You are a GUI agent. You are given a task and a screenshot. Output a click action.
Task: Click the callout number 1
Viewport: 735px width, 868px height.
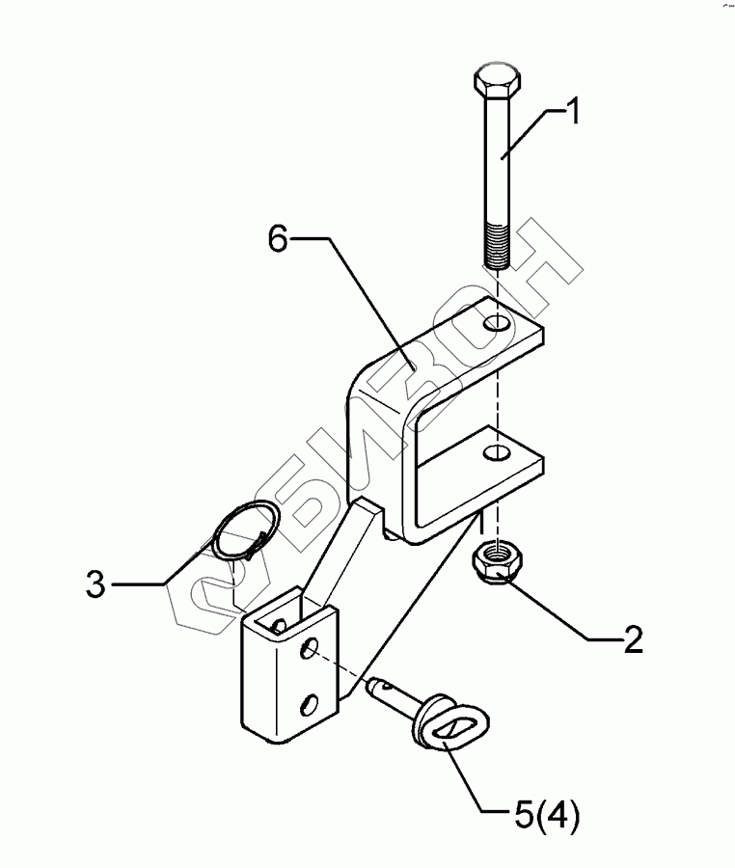coord(571,113)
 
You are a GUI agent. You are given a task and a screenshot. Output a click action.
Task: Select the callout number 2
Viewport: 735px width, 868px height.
coord(632,639)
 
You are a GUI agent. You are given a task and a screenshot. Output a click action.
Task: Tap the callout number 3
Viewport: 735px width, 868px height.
coord(95,584)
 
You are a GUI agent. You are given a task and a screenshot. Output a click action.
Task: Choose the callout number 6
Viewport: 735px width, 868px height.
coord(278,238)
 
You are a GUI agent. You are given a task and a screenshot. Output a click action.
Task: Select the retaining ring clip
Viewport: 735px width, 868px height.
coord(243,532)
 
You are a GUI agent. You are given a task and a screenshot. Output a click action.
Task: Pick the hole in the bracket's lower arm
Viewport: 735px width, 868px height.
coord(496,451)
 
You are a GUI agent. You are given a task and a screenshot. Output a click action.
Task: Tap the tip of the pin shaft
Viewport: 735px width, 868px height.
coord(373,687)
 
